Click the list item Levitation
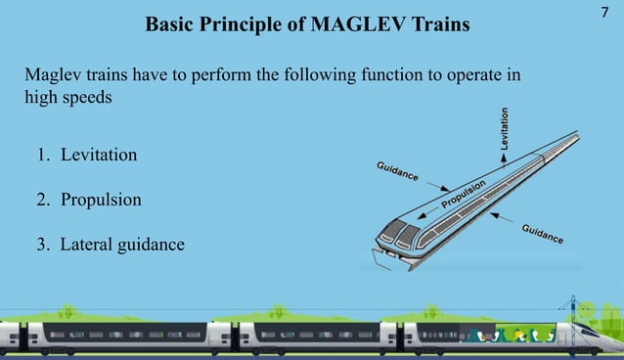click(x=98, y=156)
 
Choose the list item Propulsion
click(x=100, y=200)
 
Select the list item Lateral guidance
click(x=121, y=245)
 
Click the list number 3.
click(x=43, y=245)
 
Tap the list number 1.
click(x=43, y=156)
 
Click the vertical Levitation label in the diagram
click(x=505, y=127)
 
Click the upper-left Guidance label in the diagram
click(x=398, y=171)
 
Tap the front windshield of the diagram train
click(x=396, y=233)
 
